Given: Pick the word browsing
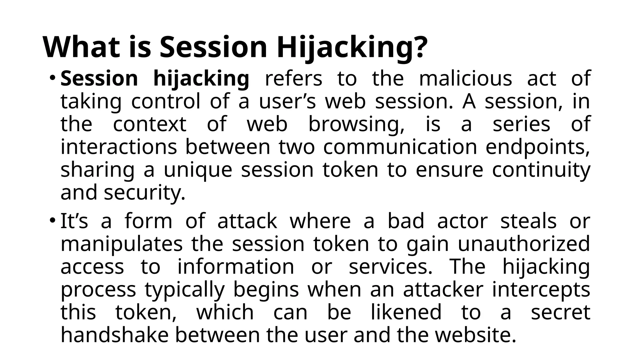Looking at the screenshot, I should [356, 124].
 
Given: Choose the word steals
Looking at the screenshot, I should [528, 221].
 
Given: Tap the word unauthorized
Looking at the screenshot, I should [524, 244].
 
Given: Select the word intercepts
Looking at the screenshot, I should [541, 290].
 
